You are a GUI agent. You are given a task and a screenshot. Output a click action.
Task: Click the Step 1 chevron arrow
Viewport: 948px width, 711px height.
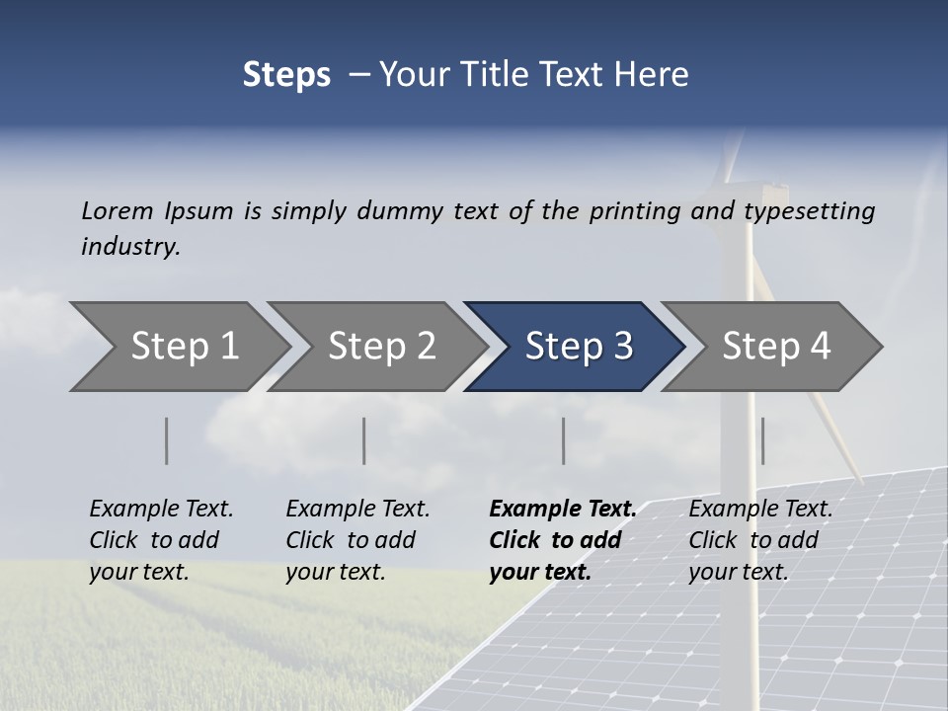point(183,347)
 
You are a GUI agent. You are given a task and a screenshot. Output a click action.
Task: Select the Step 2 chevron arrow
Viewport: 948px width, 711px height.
point(380,347)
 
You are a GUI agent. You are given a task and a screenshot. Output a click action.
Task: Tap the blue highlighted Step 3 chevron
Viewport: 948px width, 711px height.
point(578,347)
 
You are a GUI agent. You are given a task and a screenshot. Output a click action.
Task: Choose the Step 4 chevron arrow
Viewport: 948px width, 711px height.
point(775,347)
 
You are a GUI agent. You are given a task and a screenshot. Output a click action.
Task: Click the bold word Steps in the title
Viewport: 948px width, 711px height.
point(286,75)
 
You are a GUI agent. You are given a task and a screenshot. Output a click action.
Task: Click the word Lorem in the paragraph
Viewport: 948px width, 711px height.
point(118,210)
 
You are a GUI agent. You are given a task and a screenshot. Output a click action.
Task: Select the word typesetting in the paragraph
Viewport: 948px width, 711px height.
point(809,211)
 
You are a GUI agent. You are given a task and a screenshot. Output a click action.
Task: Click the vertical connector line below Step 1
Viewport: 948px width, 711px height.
point(167,440)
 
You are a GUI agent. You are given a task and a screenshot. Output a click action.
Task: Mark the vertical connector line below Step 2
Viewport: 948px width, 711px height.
point(364,440)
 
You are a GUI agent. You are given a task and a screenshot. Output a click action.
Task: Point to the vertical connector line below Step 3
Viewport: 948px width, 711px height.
point(564,440)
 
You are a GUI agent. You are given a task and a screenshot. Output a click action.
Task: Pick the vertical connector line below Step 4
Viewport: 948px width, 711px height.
point(762,440)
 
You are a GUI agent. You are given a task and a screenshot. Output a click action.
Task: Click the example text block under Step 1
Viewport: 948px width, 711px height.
point(161,540)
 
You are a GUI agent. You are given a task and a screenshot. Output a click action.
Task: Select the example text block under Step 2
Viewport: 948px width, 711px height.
point(357,540)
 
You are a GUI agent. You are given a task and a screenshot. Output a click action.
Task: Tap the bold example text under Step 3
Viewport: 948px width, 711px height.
point(563,540)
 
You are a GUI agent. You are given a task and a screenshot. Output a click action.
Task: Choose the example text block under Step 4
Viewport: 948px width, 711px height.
point(760,540)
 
